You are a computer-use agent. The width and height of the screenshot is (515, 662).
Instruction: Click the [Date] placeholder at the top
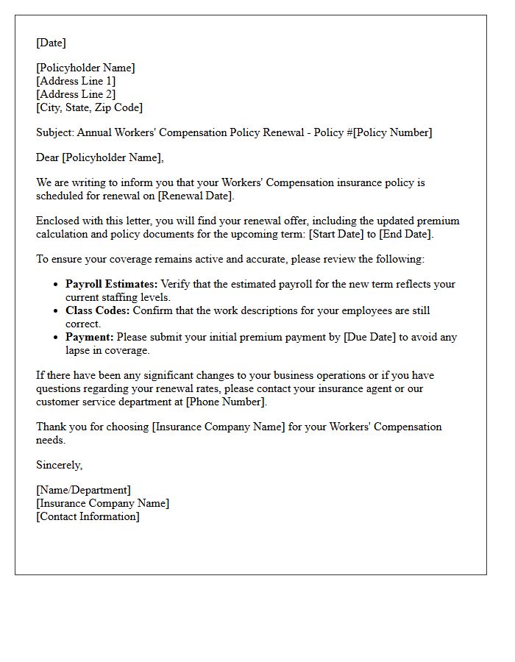[x=51, y=43]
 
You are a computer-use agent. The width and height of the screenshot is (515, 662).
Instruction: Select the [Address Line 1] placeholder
[x=76, y=81]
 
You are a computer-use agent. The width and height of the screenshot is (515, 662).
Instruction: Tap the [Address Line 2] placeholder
[x=76, y=94]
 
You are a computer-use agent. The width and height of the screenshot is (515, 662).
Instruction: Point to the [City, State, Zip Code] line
[x=89, y=107]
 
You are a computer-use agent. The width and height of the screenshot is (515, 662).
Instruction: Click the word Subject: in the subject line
[x=55, y=132]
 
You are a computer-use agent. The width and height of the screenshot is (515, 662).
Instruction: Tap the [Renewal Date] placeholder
[x=195, y=196]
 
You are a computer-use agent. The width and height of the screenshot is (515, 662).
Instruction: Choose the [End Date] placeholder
[x=405, y=234]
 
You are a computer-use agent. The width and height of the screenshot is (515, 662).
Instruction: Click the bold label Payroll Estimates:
[x=111, y=284]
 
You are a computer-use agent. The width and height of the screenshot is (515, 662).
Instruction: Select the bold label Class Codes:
[x=97, y=310]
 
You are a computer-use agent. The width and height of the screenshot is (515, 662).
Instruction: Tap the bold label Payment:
[x=89, y=337]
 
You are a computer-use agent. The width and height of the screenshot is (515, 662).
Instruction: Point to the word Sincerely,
[x=59, y=465]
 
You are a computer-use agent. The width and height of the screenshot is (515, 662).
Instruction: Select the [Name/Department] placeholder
[x=83, y=490]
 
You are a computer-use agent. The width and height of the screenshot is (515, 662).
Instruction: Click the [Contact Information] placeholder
[x=88, y=516]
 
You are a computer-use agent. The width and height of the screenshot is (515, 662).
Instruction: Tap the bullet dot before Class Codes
[x=57, y=311]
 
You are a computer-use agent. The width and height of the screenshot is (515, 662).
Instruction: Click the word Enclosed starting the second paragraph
[x=58, y=221]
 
